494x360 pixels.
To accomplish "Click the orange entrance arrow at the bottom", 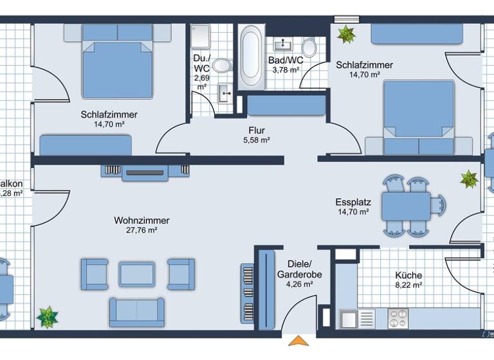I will pyautogui.click(x=297, y=341).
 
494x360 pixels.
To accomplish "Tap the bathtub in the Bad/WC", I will pyautogui.click(x=251, y=58).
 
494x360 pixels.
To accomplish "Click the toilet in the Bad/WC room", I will pyautogui.click(x=309, y=48).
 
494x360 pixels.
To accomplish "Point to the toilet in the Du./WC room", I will pyautogui.click(x=221, y=65).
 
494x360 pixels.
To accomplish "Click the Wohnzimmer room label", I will pyautogui.click(x=142, y=221).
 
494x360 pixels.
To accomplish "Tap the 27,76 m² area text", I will pyautogui.click(x=142, y=230).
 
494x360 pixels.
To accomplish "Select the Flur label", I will pyautogui.click(x=257, y=130).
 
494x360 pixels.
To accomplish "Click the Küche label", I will pyautogui.click(x=408, y=275).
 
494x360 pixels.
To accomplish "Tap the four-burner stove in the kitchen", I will pyautogui.click(x=398, y=318).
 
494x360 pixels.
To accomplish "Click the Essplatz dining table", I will pyautogui.click(x=407, y=206).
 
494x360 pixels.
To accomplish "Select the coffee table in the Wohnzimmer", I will pyautogui.click(x=137, y=274).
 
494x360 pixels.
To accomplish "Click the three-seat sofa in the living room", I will pyautogui.click(x=136, y=312).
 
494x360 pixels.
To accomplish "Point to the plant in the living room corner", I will pyautogui.click(x=48, y=317).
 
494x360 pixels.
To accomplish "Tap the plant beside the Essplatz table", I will pyautogui.click(x=469, y=179).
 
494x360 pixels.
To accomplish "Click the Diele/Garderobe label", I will pyautogui.click(x=295, y=269).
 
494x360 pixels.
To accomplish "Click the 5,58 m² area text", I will pyautogui.click(x=256, y=140).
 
